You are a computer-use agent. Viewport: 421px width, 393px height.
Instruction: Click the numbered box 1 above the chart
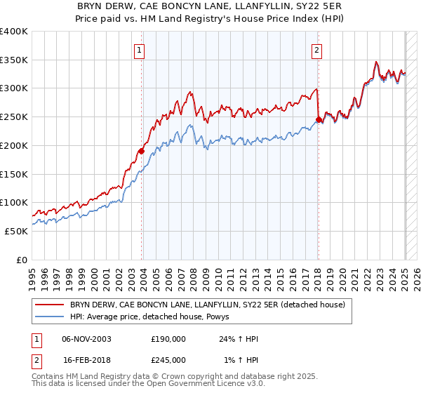(140, 50)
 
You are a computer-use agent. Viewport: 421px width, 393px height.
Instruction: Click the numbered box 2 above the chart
(317, 50)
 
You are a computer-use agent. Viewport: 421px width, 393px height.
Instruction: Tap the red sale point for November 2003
(141, 150)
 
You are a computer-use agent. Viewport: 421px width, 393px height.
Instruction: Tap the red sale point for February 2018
(319, 120)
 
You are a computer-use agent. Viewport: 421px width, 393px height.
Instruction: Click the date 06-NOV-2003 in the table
(87, 339)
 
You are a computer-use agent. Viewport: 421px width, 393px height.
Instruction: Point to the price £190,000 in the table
(168, 339)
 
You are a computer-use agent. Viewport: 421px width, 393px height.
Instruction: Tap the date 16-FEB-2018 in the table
(87, 360)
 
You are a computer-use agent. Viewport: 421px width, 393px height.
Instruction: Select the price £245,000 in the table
(168, 360)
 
